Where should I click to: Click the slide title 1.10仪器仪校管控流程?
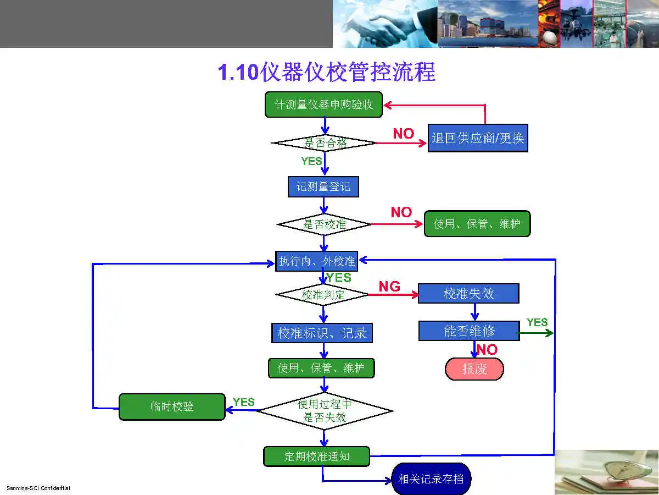coord(327,73)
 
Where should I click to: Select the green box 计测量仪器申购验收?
coord(323,105)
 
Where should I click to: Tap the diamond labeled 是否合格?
coord(324,143)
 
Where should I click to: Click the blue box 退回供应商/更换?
coord(478,138)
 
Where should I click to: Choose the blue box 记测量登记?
coord(323,186)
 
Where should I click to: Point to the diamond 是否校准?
coord(324,224)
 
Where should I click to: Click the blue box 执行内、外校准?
coord(316,261)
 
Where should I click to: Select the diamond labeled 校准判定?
coord(323,295)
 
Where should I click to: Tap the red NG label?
coord(389,286)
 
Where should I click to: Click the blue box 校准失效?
coord(468,294)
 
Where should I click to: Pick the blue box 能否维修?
coord(469,331)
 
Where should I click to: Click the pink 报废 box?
coord(474,369)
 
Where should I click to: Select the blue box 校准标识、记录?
coord(322,333)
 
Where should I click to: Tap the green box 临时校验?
coord(172,407)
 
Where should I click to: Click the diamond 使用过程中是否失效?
coord(325,411)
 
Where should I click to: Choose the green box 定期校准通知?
coord(316,457)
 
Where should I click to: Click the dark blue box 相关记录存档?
coord(431,479)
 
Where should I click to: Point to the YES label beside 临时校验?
coord(243,402)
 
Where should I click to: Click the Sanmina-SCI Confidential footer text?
coord(38,488)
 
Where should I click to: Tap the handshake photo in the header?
coord(384,24)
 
